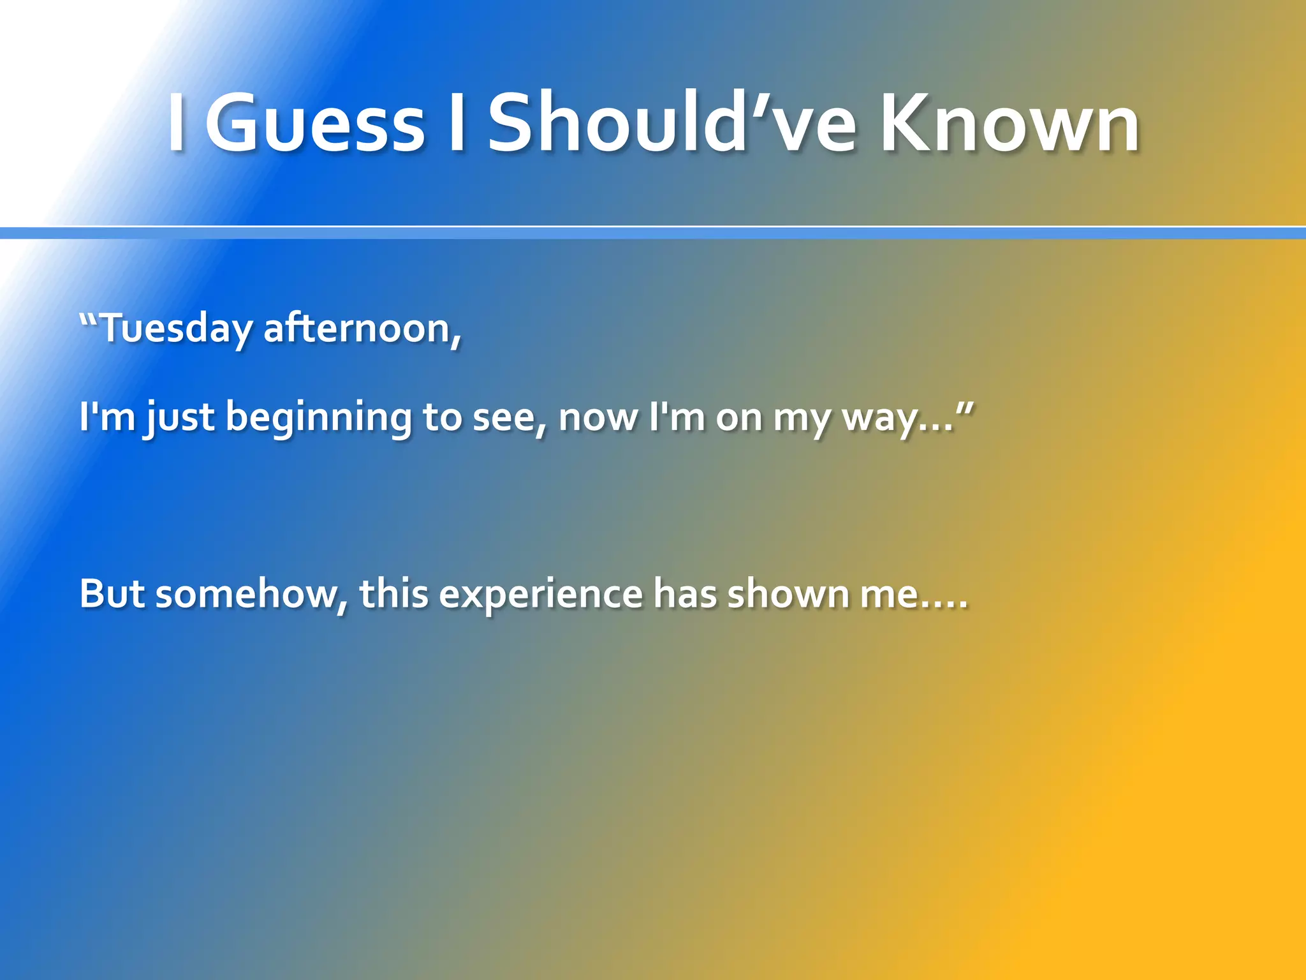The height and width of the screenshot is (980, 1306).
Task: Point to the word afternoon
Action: [x=361, y=329]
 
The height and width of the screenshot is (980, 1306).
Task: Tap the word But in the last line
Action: [x=112, y=593]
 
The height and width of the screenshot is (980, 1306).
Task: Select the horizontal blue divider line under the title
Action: [x=653, y=233]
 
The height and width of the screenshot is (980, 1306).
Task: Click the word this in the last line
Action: [x=393, y=593]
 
